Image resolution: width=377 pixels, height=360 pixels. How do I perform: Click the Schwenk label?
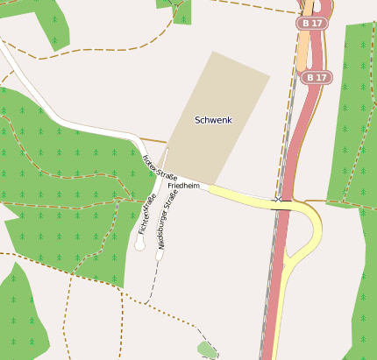213,119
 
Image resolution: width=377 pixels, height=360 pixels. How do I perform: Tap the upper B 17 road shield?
312,24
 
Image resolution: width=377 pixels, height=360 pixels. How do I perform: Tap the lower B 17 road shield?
317,78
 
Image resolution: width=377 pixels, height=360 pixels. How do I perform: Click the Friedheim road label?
184,186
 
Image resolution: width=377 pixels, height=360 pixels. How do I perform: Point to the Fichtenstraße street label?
146,215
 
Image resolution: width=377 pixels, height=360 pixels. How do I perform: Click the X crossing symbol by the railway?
279,200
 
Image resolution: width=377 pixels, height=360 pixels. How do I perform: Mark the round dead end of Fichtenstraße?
139,246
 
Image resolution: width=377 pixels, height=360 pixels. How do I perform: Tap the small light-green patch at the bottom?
207,350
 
